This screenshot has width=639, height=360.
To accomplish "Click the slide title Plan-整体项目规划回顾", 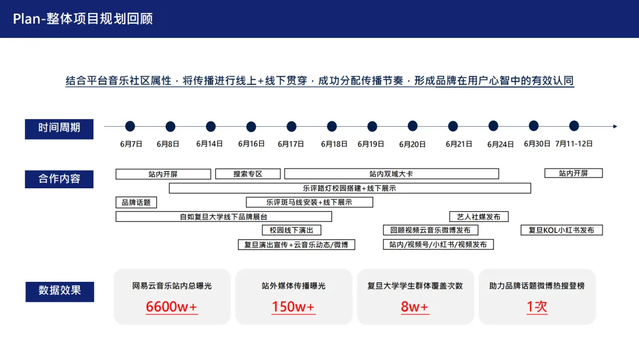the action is pos(83,18).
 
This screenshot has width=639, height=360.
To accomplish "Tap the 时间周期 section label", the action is pos(59,127).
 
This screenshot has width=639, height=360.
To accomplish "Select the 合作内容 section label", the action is pos(59,178).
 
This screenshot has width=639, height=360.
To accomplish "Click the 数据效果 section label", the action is pos(59,291).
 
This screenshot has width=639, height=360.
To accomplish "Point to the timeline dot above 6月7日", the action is pos(130,126).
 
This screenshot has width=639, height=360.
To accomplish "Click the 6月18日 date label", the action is pos(334,144).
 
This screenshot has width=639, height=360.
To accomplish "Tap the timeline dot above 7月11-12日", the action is pos(574,126).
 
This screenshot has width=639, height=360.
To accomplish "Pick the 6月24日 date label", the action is pos(501,144).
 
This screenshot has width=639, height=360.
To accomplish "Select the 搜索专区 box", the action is pos(248,174).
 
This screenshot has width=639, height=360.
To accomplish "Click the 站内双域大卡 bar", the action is pos(391,174).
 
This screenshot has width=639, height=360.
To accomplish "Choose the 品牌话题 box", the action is pos(136,202).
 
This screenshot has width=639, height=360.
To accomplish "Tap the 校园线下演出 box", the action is pos(291,230).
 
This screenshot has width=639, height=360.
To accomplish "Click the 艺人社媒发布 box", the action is pos(479,217).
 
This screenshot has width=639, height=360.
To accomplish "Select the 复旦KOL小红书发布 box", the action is pos(561,230).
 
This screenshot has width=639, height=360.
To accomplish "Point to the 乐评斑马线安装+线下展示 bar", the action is pos(309,202).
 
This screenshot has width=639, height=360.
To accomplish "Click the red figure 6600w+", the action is pos(172,307).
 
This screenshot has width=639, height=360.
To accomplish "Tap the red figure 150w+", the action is pos(293,307).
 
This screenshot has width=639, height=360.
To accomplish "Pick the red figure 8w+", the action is pos(415,307).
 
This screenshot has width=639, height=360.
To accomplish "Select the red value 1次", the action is pos(537,307).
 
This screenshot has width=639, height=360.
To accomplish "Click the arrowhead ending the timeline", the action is pos(615,126).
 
